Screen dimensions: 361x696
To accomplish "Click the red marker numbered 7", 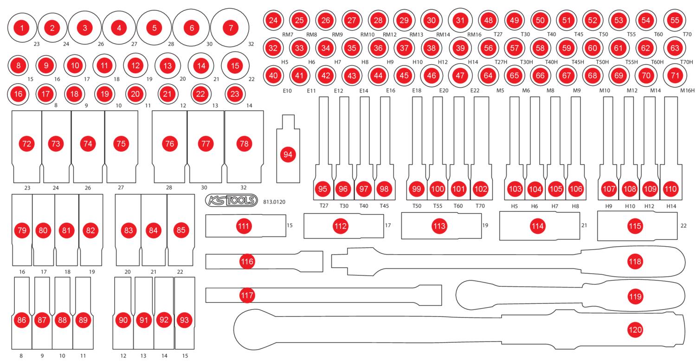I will (x=231, y=28).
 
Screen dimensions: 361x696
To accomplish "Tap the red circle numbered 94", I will (x=288, y=155).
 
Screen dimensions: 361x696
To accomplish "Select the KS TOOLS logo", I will (x=231, y=200).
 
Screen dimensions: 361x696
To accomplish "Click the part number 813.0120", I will (x=274, y=202).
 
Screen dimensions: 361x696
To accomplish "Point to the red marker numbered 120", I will (x=635, y=329).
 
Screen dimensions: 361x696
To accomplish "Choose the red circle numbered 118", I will (x=635, y=261).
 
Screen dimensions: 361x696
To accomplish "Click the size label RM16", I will (x=475, y=34).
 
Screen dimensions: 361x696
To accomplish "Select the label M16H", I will (x=687, y=91).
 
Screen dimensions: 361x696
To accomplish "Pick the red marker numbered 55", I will (x=675, y=20).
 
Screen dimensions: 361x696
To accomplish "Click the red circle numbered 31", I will (x=460, y=20).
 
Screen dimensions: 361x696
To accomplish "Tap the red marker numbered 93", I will (x=185, y=320).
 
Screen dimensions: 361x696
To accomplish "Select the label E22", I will (x=474, y=91).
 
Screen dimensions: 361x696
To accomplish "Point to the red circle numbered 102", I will (x=481, y=189).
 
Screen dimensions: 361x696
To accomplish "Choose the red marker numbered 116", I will (x=247, y=262).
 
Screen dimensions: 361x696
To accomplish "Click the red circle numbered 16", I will (x=18, y=94).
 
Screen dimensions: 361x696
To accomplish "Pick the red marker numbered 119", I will (x=635, y=295).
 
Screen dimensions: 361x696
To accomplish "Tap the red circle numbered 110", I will (x=670, y=189).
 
